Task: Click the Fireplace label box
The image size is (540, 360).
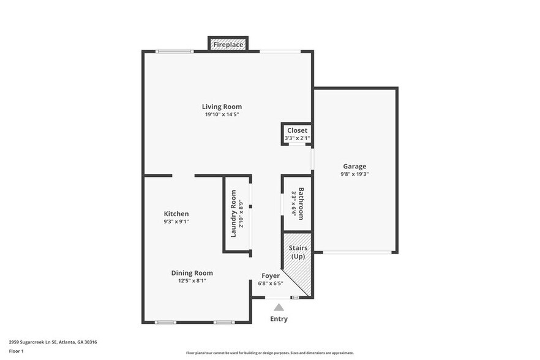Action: (x=228, y=45)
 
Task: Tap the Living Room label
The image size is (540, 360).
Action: (x=222, y=107)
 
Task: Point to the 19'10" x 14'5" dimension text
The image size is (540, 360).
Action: (x=222, y=114)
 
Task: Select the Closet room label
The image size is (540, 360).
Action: (x=298, y=130)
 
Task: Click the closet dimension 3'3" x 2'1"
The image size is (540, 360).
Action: (x=298, y=138)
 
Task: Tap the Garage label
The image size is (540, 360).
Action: (x=354, y=166)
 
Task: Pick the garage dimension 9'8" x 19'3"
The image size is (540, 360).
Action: (x=354, y=174)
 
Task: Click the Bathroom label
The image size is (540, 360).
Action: (x=301, y=203)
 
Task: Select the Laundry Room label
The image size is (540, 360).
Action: (x=233, y=214)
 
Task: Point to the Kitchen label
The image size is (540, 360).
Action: (x=176, y=214)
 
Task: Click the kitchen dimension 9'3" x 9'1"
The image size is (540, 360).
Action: (x=176, y=222)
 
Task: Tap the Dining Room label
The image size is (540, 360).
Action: (x=192, y=273)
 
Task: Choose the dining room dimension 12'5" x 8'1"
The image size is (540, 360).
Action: (x=192, y=281)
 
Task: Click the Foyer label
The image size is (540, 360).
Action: (x=271, y=276)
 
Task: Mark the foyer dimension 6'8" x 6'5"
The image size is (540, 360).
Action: (x=271, y=283)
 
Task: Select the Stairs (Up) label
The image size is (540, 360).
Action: (x=298, y=252)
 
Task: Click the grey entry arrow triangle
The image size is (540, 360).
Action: (x=279, y=307)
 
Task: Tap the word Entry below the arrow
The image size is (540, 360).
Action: (x=279, y=319)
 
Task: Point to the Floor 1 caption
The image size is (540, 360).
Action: (x=16, y=351)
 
